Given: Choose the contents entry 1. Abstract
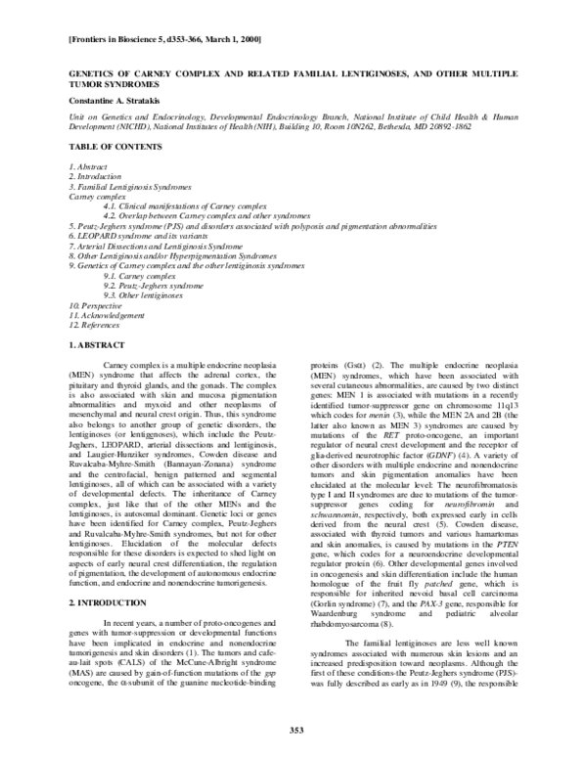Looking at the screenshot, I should coord(88,167).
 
